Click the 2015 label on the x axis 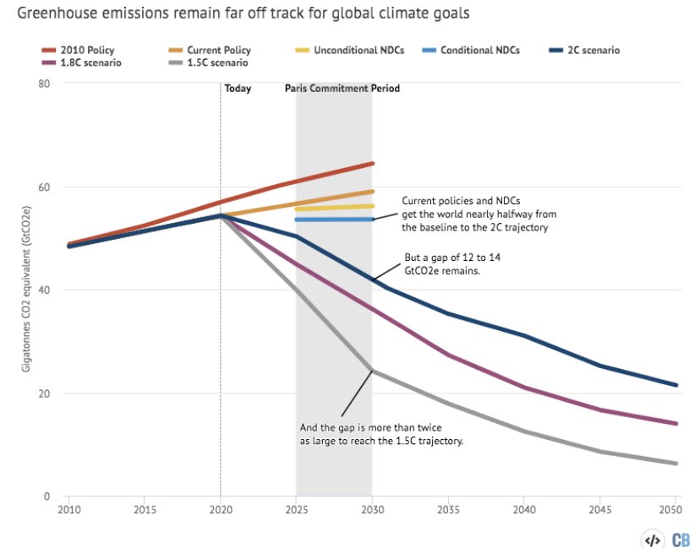[x=144, y=510]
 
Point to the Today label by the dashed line [x=238, y=89]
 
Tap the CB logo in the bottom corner [x=680, y=538]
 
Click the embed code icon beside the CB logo [x=652, y=538]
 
